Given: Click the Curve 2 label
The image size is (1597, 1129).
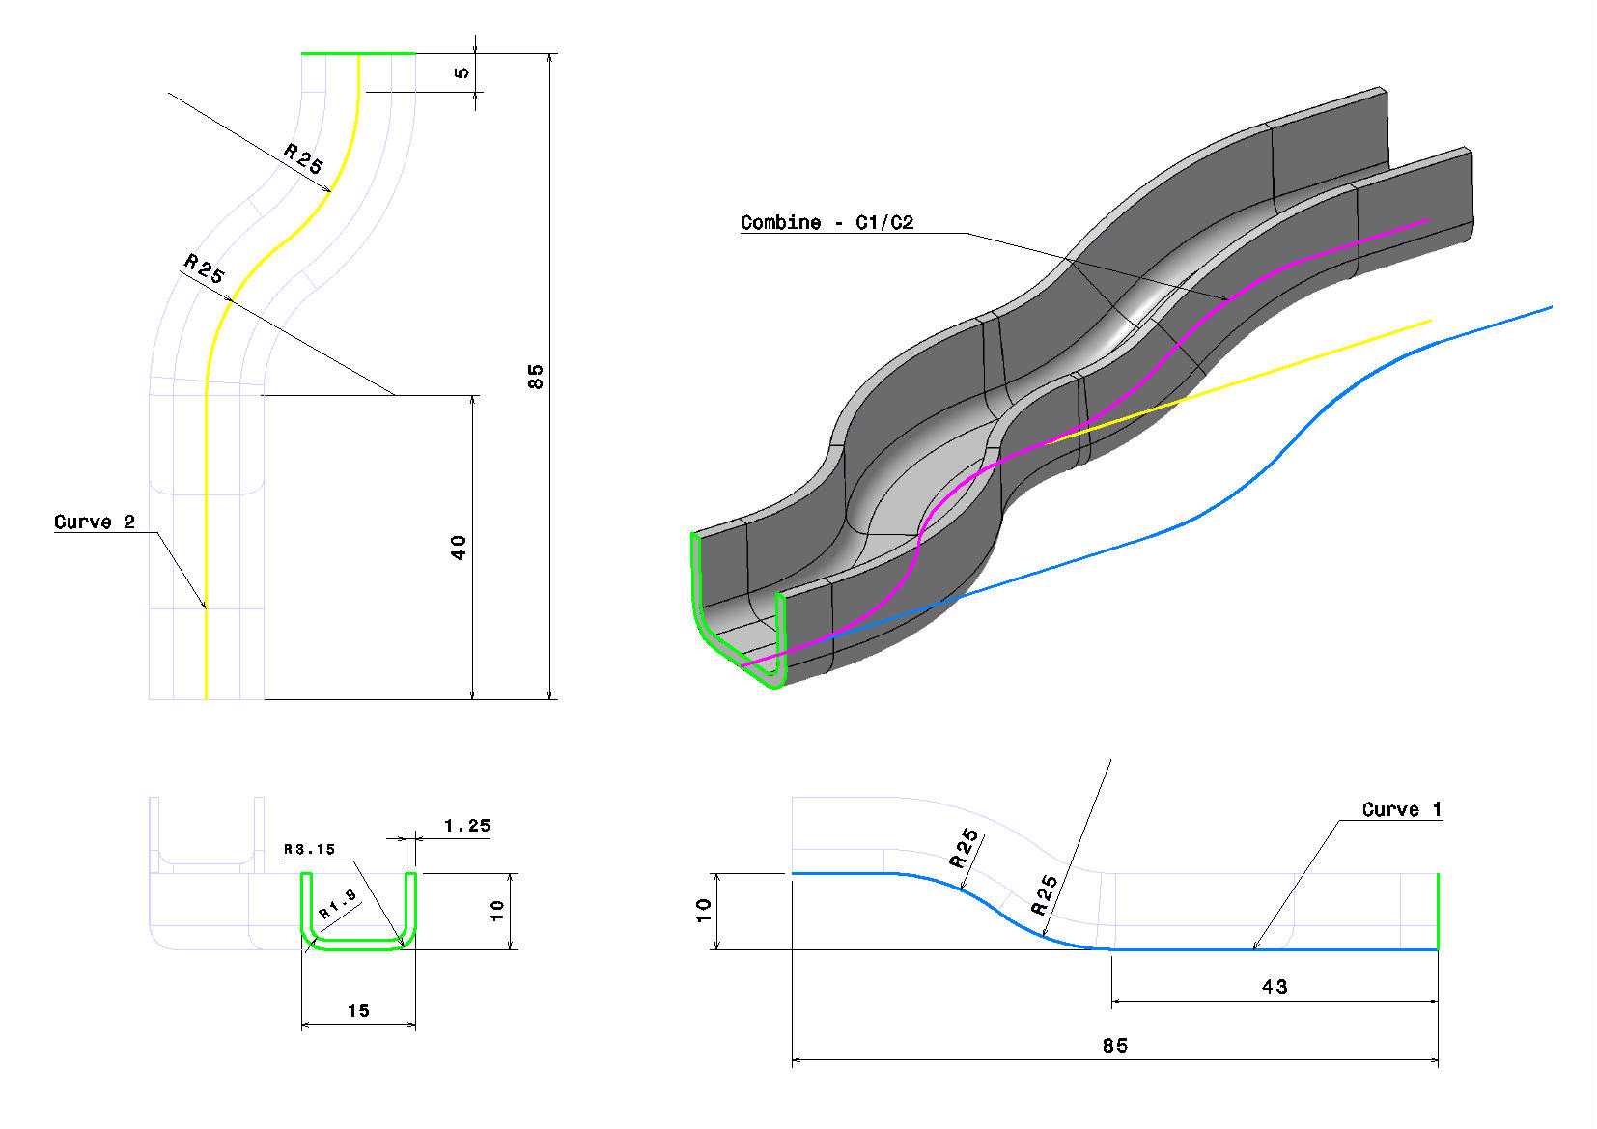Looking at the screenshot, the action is coord(95,522).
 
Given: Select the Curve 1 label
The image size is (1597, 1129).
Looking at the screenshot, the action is coord(1402,809).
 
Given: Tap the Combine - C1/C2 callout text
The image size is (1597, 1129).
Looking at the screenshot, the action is coord(827,222).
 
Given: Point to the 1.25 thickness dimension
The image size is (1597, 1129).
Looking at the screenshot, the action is coord(467,826).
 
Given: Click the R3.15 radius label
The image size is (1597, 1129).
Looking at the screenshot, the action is coord(309,850).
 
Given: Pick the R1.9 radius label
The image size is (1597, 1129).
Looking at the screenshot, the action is coord(338,905).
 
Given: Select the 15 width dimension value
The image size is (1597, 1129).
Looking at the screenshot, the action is coord(358,1010).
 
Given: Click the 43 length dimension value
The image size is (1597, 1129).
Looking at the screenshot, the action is coord(1275,987).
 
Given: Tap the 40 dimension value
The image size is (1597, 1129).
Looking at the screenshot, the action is coord(459,548).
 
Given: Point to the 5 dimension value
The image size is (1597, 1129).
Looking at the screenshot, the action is coord(462,72).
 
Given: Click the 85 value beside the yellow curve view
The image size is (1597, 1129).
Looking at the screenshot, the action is coord(536,377).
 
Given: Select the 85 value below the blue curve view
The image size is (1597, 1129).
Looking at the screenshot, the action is coord(1115,1046).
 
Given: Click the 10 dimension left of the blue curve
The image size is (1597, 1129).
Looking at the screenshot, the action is coord(704,911).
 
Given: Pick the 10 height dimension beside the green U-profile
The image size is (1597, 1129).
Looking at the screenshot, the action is coord(497,911).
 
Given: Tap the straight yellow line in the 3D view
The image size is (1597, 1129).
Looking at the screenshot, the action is coord(1241,382).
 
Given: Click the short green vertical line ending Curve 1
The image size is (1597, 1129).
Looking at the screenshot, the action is coord(1438,912).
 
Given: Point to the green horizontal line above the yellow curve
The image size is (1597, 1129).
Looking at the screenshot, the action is coord(358,53).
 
